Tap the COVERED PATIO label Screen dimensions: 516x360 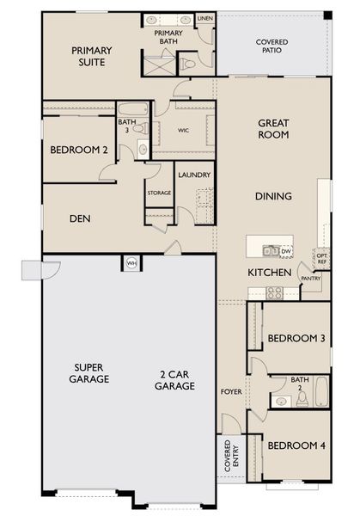click(x=272, y=47)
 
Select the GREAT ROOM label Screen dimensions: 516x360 click(x=272, y=129)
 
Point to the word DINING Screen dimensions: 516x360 click(x=273, y=196)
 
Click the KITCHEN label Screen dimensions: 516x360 click(x=266, y=272)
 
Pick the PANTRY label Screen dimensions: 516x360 click(x=310, y=278)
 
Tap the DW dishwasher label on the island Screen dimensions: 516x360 click(x=285, y=251)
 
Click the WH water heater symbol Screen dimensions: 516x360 click(x=132, y=262)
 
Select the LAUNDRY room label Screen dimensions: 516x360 click(x=194, y=175)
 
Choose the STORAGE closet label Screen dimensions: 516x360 click(x=159, y=193)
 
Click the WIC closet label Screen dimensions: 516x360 click(x=183, y=130)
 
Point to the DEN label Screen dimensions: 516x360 click(x=81, y=218)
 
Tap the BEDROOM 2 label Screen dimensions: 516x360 click(x=78, y=150)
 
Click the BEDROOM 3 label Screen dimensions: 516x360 click(x=295, y=339)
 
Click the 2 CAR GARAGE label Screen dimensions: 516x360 click(x=177, y=380)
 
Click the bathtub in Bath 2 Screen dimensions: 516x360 click(x=321, y=392)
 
